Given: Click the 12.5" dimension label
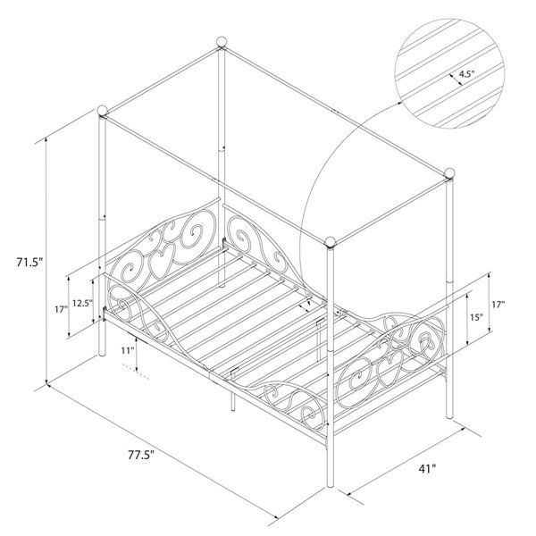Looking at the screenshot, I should click(x=83, y=304).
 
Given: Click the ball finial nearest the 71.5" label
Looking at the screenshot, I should click(x=104, y=113).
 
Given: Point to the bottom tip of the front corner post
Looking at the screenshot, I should click(x=333, y=490).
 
